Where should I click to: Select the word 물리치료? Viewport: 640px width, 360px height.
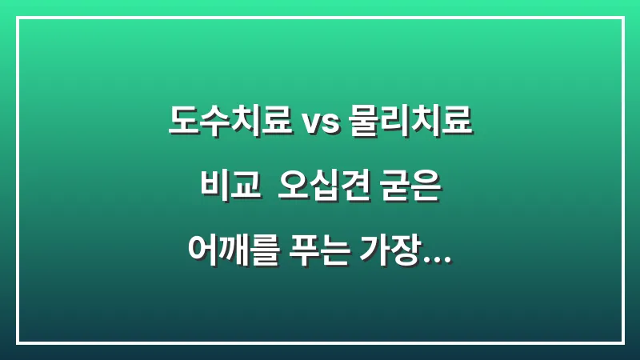[411, 122]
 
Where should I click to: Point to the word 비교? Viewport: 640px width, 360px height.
[231, 190]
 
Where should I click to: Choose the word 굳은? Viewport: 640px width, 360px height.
[413, 190]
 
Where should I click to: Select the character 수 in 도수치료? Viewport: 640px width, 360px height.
[214, 122]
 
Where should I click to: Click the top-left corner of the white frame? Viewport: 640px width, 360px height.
[18, 18]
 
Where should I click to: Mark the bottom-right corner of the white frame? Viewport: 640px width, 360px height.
[622, 342]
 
